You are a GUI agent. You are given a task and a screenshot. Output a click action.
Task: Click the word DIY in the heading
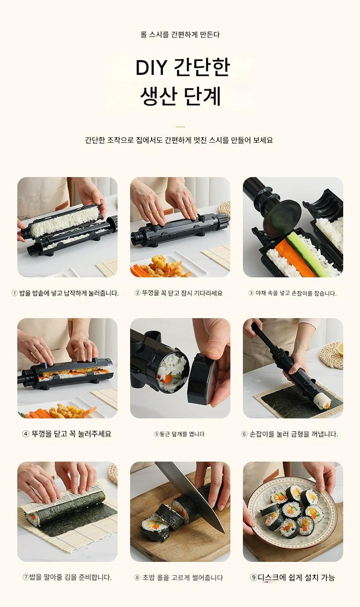pos(151,68)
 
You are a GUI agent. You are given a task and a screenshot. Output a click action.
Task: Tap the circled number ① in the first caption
pos(14,293)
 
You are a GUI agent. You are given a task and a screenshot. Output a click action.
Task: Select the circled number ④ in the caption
pos(25,434)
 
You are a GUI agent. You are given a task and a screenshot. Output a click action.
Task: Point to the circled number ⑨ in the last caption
pos(253,577)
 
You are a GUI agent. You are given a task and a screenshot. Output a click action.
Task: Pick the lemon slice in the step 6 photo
pos(340,349)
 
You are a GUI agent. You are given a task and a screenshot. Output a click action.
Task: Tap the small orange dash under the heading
pos(180,127)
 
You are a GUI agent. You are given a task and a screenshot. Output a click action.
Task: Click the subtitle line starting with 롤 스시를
pos(180,35)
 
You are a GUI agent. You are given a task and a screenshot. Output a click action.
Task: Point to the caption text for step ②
pos(179,293)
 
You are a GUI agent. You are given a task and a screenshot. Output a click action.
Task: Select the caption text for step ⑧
pos(179,577)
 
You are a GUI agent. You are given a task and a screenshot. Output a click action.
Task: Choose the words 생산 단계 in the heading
pos(180,96)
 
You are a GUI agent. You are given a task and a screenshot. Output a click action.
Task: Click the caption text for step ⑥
pos(289,434)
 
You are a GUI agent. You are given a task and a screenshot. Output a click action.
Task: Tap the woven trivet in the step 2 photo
pos(225,210)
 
